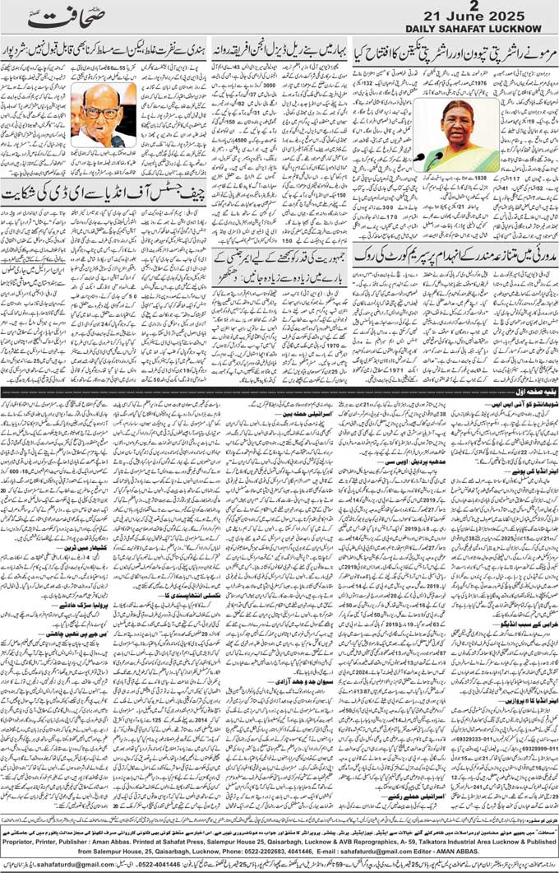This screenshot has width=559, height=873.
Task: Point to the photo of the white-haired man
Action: pyautogui.click(x=104, y=114)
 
